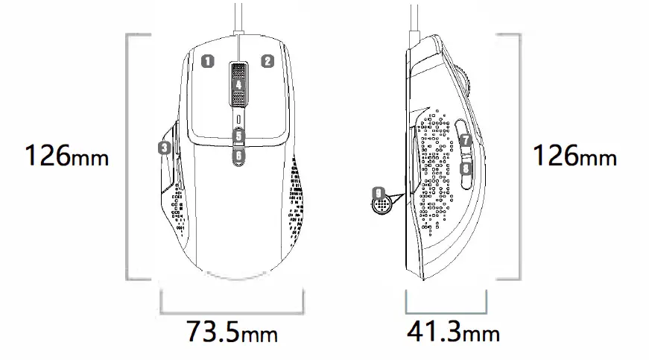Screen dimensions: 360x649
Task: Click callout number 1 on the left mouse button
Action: point(209,61)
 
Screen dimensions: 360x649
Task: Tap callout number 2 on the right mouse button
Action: point(267,61)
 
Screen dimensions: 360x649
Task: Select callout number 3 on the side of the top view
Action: point(165,147)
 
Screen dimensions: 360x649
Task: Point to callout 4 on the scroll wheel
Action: point(238,85)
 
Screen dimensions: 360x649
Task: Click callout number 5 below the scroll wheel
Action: point(238,136)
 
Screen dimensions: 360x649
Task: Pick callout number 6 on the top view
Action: point(238,157)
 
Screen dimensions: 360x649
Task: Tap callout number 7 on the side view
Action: point(465,140)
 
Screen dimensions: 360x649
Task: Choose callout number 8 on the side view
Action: point(465,169)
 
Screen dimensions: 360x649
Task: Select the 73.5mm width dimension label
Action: point(232,330)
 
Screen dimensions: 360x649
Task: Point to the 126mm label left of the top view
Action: point(67,157)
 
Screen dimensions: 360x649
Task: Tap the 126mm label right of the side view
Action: point(574,157)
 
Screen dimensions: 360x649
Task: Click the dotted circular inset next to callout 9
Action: point(382,203)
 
